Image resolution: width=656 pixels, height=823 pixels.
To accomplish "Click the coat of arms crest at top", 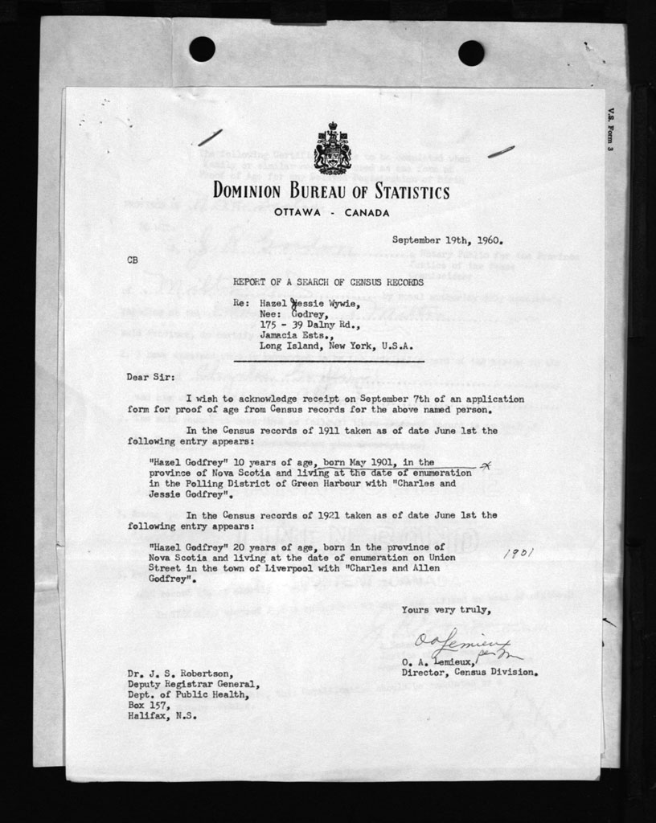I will [332, 149].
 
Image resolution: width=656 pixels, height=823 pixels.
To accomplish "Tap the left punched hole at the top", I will [202, 49].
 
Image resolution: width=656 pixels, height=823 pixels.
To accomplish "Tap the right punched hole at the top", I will [471, 52].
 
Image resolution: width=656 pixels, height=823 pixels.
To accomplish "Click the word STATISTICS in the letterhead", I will [404, 193].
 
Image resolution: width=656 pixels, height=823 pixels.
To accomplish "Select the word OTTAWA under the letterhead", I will [297, 213].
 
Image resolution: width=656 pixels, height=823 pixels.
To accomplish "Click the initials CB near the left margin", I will [133, 259].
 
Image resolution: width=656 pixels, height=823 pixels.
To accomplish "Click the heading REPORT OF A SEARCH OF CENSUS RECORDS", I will [328, 281].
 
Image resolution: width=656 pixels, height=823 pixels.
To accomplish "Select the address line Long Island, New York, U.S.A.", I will [336, 346].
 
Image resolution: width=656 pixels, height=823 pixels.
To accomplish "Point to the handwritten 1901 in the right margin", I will [518, 554].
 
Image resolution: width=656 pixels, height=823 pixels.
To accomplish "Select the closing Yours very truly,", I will [446, 610].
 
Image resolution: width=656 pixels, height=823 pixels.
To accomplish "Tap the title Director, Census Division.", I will [469, 672].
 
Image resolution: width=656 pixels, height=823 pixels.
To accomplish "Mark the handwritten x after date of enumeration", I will [484, 466].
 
